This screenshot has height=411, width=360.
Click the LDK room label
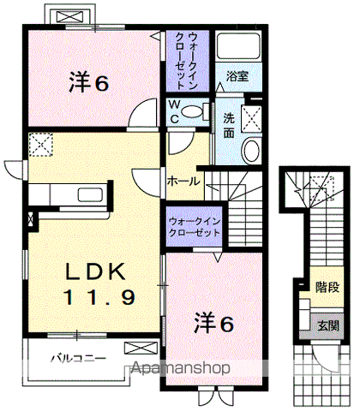pos(97,273)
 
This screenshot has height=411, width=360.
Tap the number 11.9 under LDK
pos(97,298)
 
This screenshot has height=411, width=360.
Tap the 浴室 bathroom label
pos(237,76)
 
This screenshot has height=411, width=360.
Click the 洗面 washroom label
pos(229,125)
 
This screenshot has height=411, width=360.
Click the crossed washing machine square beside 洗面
pos(254,118)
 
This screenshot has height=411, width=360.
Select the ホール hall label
pos(183,182)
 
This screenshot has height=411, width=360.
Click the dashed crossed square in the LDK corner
pos(41,146)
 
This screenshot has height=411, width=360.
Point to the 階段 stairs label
pos(325,286)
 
